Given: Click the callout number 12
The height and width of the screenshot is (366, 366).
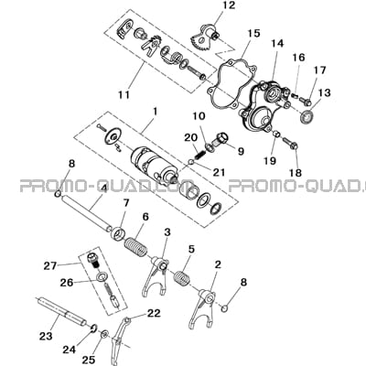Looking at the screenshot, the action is click(x=229, y=5).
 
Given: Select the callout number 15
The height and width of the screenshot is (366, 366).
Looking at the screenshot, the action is click(x=253, y=33).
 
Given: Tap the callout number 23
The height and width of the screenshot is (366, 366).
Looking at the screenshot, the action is click(x=46, y=336).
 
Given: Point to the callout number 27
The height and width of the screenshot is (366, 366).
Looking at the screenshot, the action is click(x=49, y=265).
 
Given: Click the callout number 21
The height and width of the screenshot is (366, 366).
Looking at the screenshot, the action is click(x=219, y=173).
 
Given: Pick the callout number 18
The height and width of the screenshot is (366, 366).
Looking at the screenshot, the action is click(x=296, y=173).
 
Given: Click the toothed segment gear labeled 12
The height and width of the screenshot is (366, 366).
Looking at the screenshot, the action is click(x=202, y=38).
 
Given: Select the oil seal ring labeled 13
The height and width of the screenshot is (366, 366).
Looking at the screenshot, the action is click(x=307, y=117).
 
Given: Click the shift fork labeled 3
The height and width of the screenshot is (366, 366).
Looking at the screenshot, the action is click(x=156, y=275).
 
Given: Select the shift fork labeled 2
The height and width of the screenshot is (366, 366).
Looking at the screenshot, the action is click(x=201, y=308).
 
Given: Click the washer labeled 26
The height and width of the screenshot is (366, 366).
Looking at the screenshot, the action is click(x=101, y=277).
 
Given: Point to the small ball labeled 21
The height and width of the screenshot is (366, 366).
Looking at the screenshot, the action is click(x=190, y=162).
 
